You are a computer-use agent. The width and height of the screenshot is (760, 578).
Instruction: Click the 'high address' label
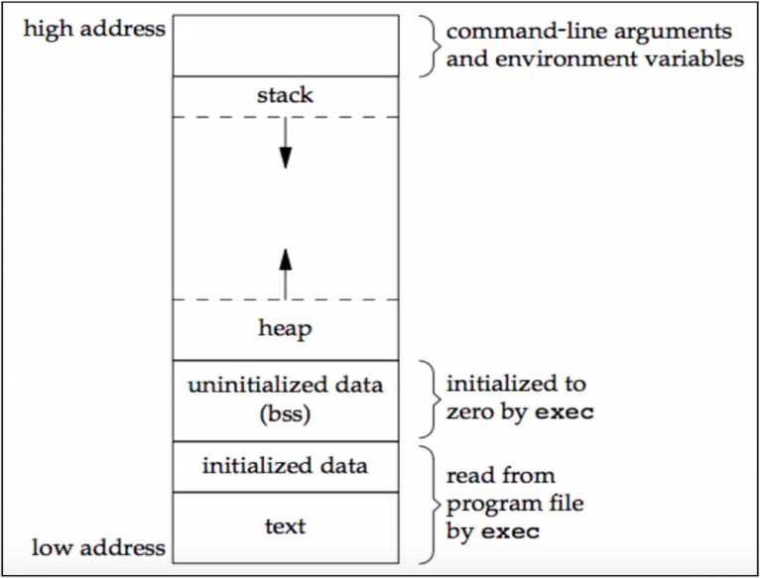tap(94, 30)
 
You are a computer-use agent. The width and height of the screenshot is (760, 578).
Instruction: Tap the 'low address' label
tap(98, 547)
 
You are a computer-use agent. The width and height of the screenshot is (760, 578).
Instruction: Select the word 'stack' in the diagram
tap(285, 95)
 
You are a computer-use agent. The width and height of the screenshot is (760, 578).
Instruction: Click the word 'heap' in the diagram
tap(285, 329)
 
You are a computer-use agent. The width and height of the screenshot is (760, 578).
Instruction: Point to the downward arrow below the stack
tap(286, 143)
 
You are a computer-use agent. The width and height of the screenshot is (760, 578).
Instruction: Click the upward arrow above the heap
tap(286, 274)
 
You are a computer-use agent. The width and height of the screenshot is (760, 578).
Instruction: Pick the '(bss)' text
tap(285, 414)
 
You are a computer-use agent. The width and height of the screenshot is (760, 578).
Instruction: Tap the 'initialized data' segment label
tap(285, 466)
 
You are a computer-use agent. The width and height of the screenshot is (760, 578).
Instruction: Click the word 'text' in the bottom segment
tap(285, 526)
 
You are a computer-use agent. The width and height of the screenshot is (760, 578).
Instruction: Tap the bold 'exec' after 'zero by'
tap(565, 412)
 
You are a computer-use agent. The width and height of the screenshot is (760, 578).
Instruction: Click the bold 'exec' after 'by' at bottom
tap(510, 532)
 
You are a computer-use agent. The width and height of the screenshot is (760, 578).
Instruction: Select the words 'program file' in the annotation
tap(515, 505)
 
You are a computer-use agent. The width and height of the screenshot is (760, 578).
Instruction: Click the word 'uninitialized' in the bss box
tap(253, 386)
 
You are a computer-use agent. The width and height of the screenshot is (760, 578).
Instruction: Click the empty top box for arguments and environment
tap(286, 46)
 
